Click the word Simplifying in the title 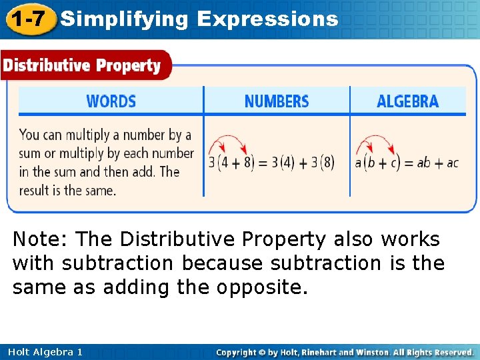[x=124, y=19]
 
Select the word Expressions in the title [x=267, y=19]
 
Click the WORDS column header [x=111, y=101]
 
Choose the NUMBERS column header [x=277, y=101]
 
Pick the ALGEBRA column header [x=407, y=101]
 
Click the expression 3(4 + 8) [x=231, y=162]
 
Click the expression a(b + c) [x=379, y=162]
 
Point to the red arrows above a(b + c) [x=375, y=143]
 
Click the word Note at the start [x=40, y=239]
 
